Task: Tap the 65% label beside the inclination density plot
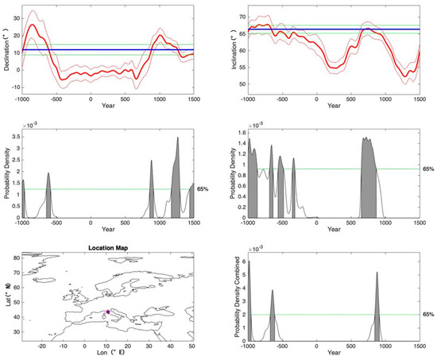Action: (428, 168)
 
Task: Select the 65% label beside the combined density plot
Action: (428, 315)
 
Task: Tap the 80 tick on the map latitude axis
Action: (16, 255)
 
